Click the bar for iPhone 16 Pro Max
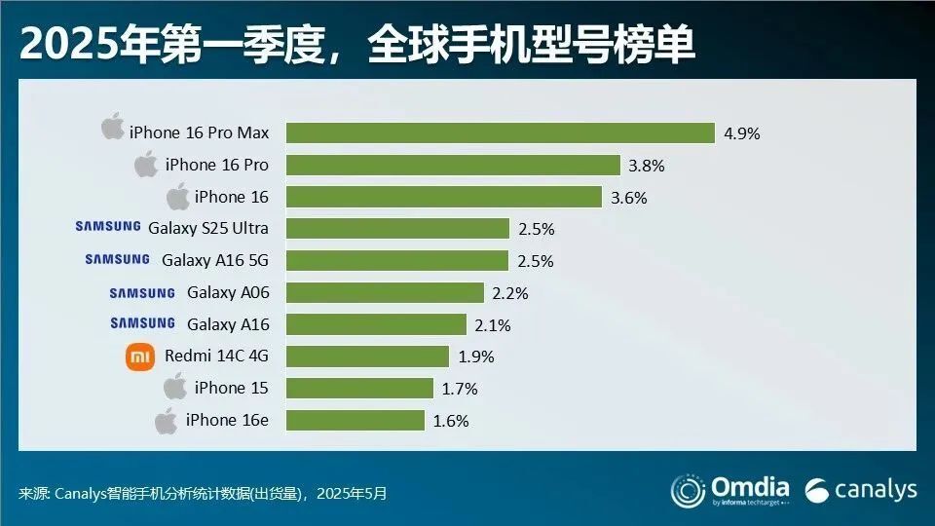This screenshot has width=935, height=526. pos(500,133)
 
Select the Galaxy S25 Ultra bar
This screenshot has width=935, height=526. pos(397,229)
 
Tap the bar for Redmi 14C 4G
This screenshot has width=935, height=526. pos(367,357)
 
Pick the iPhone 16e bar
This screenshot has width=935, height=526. pos(355,421)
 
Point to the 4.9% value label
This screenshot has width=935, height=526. pos(741,133)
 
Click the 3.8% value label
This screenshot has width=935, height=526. pos(646,166)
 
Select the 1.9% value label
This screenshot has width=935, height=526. pos(475,357)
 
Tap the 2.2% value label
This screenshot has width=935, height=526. pos(509,292)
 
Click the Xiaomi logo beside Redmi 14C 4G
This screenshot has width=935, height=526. pos(140,357)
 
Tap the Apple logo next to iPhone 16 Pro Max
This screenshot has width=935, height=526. pos(113,129)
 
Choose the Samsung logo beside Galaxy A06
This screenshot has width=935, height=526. pos(142,292)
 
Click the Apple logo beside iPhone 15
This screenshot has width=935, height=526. pos(175,387)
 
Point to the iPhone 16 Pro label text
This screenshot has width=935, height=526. pos(217,165)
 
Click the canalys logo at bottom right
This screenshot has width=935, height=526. pos(862,489)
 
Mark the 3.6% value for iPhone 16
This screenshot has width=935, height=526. pos(628,197)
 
